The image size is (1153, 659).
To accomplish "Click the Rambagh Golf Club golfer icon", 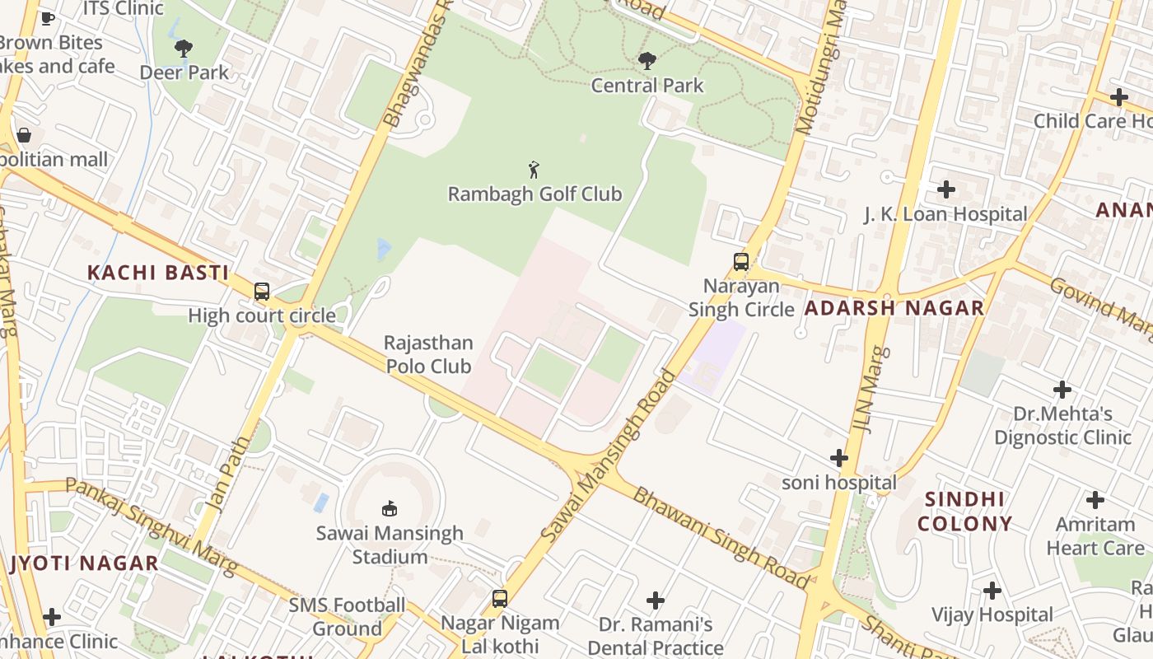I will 534,171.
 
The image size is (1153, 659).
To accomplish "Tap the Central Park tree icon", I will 647,61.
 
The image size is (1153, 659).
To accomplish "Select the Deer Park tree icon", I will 184,49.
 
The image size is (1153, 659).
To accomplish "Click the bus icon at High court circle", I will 262,292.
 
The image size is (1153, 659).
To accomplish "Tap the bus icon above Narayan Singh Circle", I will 741,262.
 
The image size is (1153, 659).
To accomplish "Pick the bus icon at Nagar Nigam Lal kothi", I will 499,599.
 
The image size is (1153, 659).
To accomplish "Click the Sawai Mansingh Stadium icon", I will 390,509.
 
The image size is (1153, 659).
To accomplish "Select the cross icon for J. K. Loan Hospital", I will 946,190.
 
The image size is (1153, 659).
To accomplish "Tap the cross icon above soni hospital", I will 838,458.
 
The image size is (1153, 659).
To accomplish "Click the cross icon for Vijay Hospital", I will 992,591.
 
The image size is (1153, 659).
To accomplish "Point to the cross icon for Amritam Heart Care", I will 1095,500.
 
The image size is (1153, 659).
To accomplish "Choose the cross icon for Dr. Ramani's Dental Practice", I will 656,601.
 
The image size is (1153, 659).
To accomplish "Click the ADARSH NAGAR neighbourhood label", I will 894,309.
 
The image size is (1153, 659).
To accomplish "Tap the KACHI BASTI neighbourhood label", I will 158,273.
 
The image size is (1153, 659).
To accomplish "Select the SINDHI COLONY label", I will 964,512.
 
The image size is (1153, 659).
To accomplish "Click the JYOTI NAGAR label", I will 84,563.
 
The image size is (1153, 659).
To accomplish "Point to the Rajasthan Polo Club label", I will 428,354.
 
